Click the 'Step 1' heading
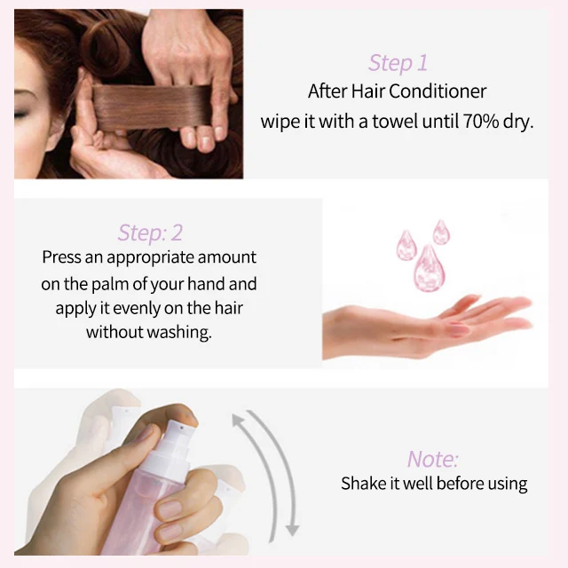[x=398, y=63]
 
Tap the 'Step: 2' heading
[x=150, y=233]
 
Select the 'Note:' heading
[x=433, y=459]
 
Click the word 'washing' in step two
[x=182, y=333]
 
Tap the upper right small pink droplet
[x=441, y=233]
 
